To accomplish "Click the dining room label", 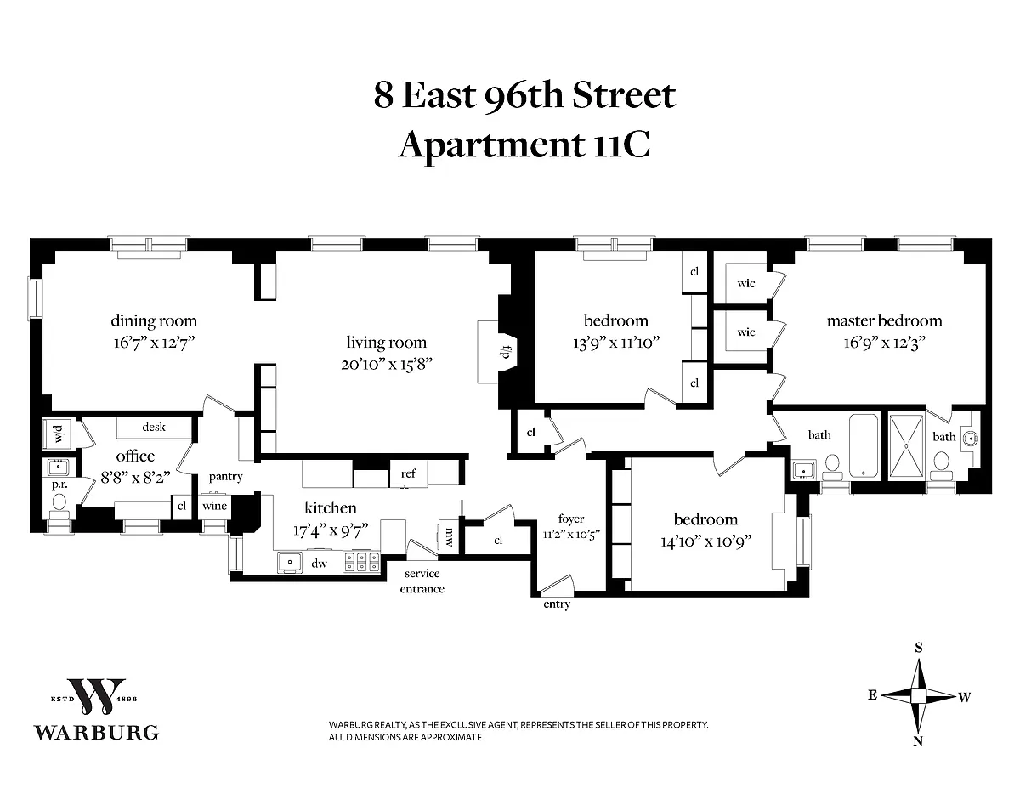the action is [154, 320].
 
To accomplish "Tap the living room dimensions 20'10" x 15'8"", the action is [386, 364].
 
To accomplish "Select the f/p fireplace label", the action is [507, 352].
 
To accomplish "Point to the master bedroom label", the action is [884, 320].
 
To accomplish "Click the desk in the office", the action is [154, 427].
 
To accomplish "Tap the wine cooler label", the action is [214, 506].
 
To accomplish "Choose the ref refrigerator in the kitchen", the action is [408, 473].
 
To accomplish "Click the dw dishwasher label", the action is [320, 564].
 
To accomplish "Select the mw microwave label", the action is [450, 537].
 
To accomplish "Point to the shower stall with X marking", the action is [905, 446].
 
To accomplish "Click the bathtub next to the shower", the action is [864, 445].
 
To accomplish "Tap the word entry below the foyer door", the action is [557, 604].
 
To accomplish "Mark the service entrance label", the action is [422, 581].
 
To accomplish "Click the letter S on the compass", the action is [919, 648].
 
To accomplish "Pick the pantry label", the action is [226, 477].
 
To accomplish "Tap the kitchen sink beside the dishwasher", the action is [290, 563].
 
